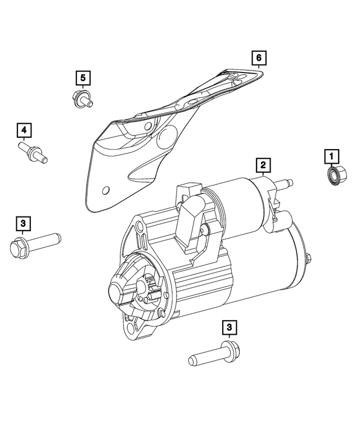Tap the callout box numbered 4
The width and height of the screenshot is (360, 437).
pyautogui.click(x=24, y=131)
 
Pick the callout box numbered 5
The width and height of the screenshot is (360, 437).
pyautogui.click(x=82, y=77)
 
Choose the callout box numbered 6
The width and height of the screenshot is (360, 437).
pyautogui.click(x=258, y=58)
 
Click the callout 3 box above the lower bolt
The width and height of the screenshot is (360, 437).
pyautogui.click(x=229, y=327)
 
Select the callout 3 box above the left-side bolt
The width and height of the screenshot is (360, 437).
pyautogui.click(x=22, y=224)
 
